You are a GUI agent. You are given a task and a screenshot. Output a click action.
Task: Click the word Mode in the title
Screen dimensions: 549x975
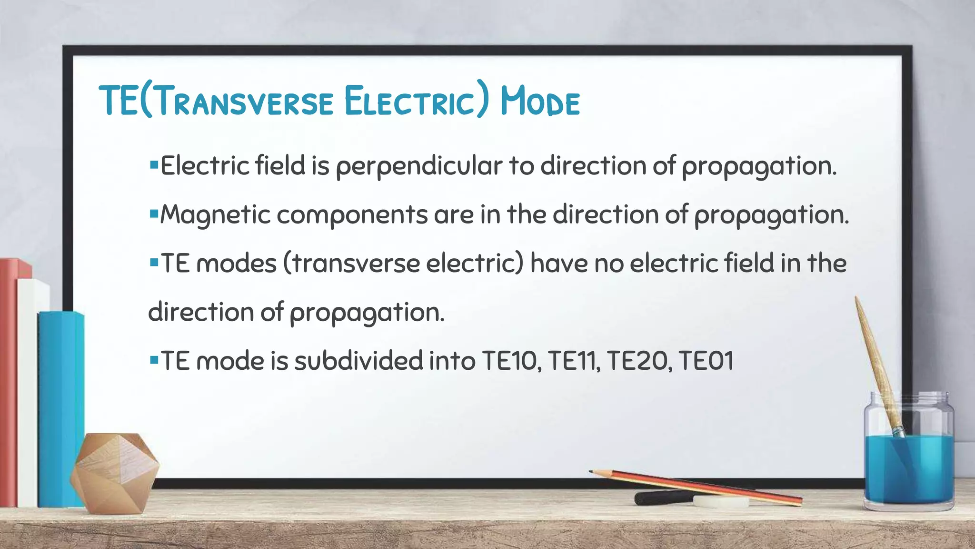pyautogui.click(x=540, y=101)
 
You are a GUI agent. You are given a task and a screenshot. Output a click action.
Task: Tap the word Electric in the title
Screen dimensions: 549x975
pyautogui.click(x=409, y=101)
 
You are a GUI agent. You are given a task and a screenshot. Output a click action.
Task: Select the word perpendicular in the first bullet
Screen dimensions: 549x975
pyautogui.click(x=419, y=166)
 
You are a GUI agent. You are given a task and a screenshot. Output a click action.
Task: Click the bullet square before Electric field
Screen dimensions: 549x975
pyautogui.click(x=153, y=165)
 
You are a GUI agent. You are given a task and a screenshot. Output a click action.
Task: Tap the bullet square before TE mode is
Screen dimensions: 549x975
pyautogui.click(x=153, y=359)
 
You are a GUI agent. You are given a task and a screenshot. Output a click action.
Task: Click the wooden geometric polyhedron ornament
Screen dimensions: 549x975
pyautogui.click(x=114, y=472)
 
